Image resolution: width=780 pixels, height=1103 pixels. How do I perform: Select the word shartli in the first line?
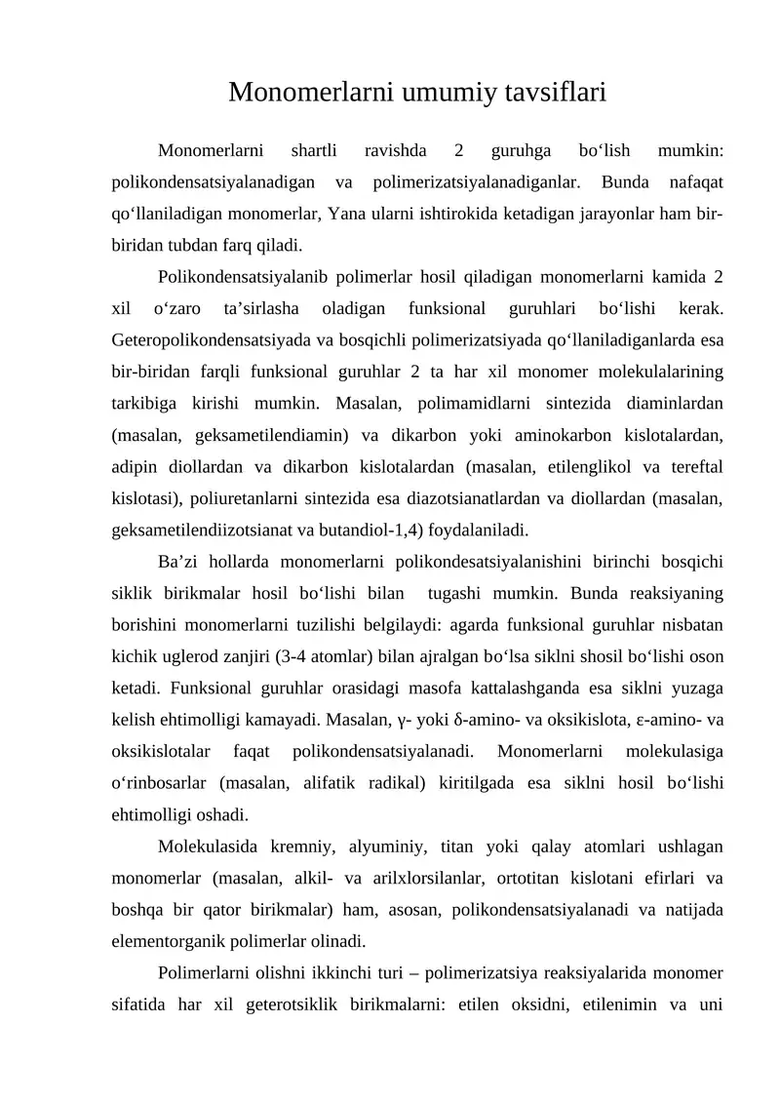[x=314, y=152]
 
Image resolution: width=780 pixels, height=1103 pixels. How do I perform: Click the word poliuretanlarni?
[x=247, y=499]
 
